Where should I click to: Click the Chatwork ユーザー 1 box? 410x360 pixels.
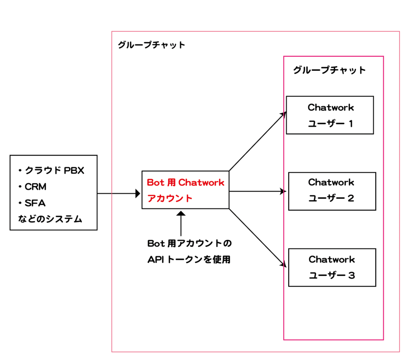(x=330, y=115)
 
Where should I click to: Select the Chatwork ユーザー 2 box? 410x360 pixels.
(x=332, y=191)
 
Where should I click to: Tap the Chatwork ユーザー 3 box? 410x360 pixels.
(x=332, y=267)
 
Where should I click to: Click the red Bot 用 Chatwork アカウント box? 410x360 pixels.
(x=185, y=190)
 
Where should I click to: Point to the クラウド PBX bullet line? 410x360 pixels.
(x=52, y=171)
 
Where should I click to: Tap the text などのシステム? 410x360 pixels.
(x=50, y=219)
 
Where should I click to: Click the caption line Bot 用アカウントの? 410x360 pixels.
(x=189, y=243)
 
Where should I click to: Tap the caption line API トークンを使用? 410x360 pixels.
(x=189, y=260)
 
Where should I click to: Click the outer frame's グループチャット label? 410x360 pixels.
(x=151, y=45)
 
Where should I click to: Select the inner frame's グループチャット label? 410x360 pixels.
(x=329, y=70)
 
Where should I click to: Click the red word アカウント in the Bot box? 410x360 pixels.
(x=170, y=198)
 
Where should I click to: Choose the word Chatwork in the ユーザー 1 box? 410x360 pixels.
(x=331, y=107)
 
